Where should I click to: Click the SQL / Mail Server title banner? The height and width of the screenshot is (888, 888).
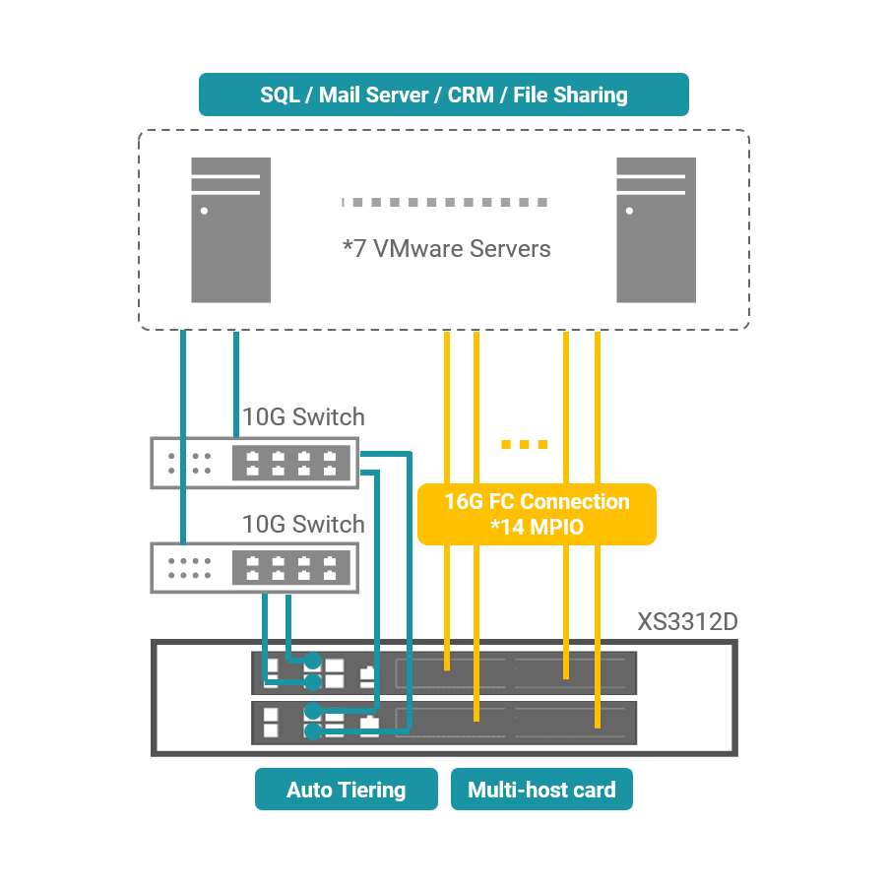point(443,95)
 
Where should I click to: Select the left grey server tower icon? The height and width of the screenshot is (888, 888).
point(230,229)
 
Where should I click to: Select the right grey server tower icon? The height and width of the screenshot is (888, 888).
point(656,229)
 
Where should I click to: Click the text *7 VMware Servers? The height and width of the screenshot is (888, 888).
point(446,248)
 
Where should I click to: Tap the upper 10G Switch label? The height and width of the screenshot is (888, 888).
point(303,416)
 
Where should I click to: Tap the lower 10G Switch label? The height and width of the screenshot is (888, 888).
point(303,524)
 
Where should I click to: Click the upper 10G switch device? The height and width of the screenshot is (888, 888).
point(254,463)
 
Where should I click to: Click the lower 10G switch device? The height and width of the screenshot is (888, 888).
point(254,567)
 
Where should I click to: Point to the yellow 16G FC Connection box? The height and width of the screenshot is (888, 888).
point(537,514)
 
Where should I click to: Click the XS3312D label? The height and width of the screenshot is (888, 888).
point(687,622)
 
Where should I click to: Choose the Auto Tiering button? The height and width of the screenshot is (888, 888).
point(346,790)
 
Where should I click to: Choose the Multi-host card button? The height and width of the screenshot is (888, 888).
point(541,790)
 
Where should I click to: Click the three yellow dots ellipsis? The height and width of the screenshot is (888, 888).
point(524,445)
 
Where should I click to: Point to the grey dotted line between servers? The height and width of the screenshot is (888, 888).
point(445,202)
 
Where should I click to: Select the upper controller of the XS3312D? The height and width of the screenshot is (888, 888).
point(443,673)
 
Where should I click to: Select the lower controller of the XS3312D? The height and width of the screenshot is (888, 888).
point(443,722)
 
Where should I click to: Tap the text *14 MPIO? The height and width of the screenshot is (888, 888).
point(537,528)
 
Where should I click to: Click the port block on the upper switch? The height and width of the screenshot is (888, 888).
point(290,463)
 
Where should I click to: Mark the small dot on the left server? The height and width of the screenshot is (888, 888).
point(204,211)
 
